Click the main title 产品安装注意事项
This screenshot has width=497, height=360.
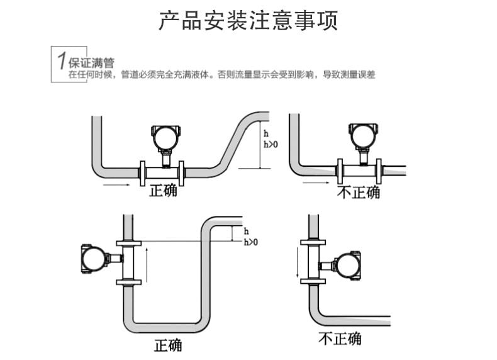tap(248, 20)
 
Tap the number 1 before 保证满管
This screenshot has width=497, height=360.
tap(60, 62)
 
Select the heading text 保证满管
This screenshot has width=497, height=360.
tap(91, 63)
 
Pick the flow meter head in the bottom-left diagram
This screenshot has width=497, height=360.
tap(94, 257)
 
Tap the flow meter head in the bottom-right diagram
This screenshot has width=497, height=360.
tap(347, 265)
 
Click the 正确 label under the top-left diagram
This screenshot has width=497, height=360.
tap(163, 191)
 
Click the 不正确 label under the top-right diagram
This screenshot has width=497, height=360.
tap(359, 192)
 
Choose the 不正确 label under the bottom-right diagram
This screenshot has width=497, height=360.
tap(340, 338)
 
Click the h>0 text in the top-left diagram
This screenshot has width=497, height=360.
tap(269, 144)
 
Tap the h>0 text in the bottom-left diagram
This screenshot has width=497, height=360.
tap(250, 242)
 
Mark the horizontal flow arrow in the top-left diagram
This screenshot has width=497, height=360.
tap(117, 185)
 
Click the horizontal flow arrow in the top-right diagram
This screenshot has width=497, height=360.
tap(316, 184)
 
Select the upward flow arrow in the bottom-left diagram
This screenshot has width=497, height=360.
tap(147, 264)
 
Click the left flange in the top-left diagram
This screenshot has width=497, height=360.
tap(142, 172)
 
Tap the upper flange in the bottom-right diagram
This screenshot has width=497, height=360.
tap(313, 242)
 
